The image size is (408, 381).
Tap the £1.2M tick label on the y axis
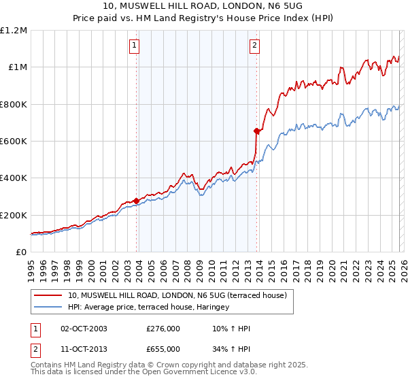tap(14, 31)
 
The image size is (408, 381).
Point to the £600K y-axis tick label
tap(14, 142)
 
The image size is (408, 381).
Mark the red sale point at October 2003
tap(137, 201)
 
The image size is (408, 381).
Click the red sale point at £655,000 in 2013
tap(256, 131)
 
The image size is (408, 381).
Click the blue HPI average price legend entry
tap(148, 308)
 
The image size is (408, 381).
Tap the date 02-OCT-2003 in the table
tap(84, 329)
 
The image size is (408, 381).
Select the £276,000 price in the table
tap(163, 329)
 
